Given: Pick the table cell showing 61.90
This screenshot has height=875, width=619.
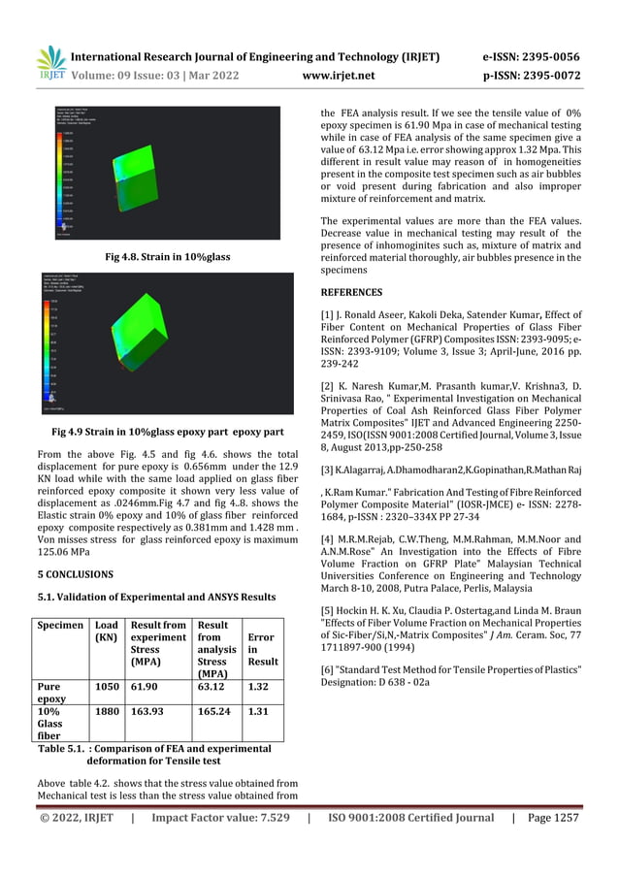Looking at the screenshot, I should pyautogui.click(x=146, y=685).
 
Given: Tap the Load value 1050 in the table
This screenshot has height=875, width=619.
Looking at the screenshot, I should pyautogui.click(x=107, y=685).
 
